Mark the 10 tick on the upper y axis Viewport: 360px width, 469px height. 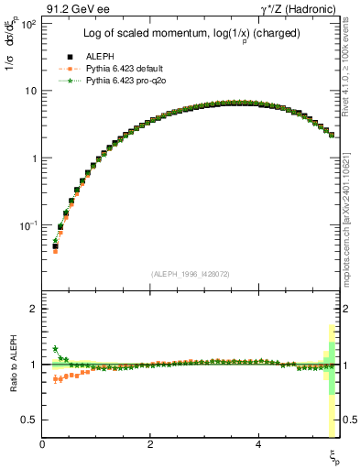coord(31,91)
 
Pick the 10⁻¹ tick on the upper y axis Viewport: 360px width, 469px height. coord(29,225)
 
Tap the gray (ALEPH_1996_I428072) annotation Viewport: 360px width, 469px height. coord(191,274)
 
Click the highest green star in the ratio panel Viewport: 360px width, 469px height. coord(56,348)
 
